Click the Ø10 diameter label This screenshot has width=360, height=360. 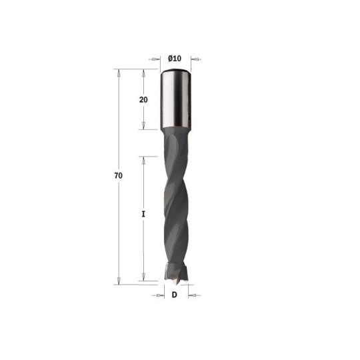click(175, 59)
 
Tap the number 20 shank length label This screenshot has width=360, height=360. click(143, 99)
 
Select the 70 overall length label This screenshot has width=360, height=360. click(118, 175)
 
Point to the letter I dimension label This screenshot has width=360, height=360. click(143, 214)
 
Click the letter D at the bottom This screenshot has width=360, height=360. click(175, 295)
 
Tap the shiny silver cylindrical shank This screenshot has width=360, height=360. click(175, 99)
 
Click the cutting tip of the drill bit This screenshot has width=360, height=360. click(176, 275)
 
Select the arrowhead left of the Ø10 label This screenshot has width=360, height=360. click(155, 59)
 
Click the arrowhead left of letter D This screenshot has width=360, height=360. click(160, 295)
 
